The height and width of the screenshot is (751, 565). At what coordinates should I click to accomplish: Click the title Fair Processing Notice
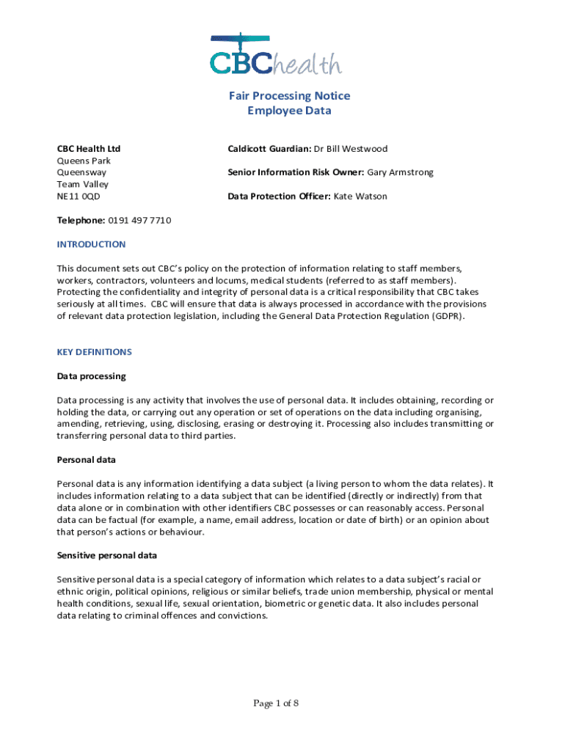tap(289, 96)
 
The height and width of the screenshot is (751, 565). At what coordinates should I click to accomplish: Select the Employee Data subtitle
tap(289, 111)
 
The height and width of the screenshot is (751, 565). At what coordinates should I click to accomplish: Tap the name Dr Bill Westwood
tap(351, 149)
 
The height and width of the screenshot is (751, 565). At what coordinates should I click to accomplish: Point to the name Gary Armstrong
tap(400, 172)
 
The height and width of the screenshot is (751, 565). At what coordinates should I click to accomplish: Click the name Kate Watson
tap(360, 197)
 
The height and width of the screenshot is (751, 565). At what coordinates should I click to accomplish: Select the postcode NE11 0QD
tap(79, 197)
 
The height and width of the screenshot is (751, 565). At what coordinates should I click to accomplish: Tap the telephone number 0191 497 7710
tap(139, 221)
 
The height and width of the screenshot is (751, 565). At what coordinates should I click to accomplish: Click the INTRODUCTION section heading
tap(91, 244)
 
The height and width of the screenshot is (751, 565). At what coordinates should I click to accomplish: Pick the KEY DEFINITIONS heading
tap(94, 352)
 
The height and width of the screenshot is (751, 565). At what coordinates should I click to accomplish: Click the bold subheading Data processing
tap(91, 376)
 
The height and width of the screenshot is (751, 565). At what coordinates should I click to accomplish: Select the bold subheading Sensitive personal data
tap(107, 555)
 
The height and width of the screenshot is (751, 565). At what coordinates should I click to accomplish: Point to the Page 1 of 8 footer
tap(276, 704)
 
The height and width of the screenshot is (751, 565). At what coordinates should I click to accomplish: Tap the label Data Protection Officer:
tap(279, 197)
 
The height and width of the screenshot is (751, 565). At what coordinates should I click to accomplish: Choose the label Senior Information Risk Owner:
tap(296, 172)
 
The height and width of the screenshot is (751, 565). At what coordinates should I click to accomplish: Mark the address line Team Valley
tap(82, 185)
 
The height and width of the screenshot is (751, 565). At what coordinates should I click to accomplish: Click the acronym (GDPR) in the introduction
tap(448, 316)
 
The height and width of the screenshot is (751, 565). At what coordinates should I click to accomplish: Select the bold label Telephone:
tap(81, 221)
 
